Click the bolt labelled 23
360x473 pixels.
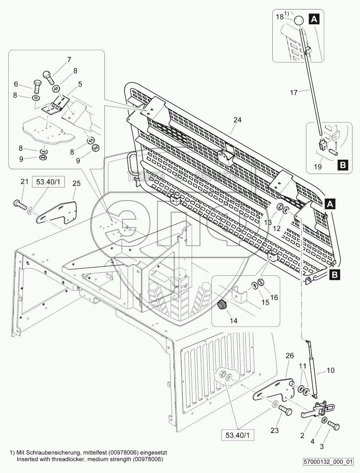point(285,411)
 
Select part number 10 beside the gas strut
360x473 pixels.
point(330,370)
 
